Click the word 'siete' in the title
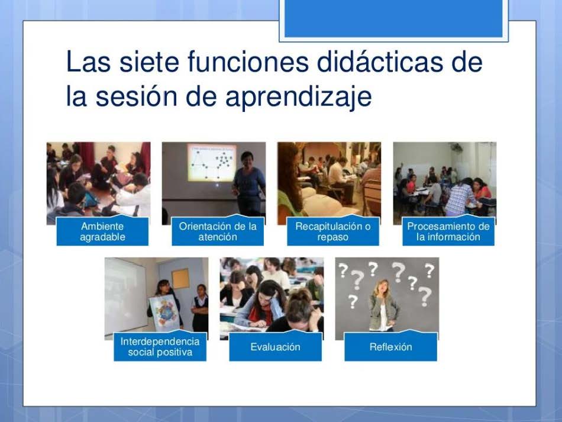pos(148,62)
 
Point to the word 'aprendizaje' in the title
pos(299,97)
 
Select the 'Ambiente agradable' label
pos(102,231)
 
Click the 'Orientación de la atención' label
pos(218,231)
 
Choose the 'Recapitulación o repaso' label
pos(333,231)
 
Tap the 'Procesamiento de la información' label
pos(448,231)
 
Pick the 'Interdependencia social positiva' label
pos(160,347)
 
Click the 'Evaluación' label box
pos(276,347)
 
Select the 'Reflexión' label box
pos(390,347)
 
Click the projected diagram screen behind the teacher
pos(211,163)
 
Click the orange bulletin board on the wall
pos(180,279)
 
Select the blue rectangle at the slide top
pos(393,18)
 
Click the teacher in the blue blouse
pos(248,183)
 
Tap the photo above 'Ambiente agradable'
pos(99,183)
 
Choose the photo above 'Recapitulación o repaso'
pos(329,183)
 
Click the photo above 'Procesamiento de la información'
pos(445,183)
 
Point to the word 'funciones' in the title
pos(248,62)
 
